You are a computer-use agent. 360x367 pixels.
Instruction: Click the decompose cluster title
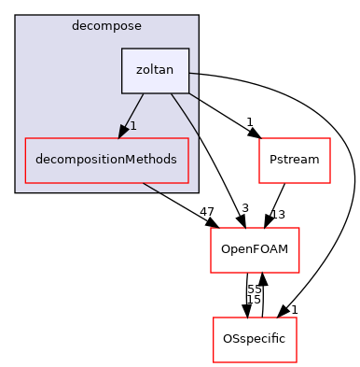[x=106, y=25]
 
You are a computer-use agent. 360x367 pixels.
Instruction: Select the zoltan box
[x=155, y=71]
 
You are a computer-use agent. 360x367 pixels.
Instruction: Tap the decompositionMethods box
[x=106, y=160]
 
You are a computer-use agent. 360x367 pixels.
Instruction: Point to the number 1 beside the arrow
[x=133, y=125]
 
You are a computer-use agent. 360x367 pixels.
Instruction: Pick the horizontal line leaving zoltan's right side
[x=193, y=74]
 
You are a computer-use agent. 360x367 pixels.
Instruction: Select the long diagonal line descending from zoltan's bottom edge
[x=185, y=118]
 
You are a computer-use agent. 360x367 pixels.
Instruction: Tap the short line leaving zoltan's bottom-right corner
[x=193, y=96]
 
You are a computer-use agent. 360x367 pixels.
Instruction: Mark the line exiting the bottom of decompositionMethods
[x=150, y=187]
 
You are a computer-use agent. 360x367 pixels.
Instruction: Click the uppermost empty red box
[x=294, y=161]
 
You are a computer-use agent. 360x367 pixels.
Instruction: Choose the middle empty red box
[x=255, y=250]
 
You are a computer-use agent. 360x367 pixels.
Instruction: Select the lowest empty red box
[x=255, y=340]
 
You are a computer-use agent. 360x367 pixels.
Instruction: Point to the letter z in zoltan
[x=138, y=71]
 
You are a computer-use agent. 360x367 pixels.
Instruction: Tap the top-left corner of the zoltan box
[x=122, y=49]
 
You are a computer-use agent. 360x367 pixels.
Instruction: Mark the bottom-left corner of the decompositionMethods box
[x=25, y=182]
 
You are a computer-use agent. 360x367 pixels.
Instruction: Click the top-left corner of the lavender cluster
[x=16, y=16]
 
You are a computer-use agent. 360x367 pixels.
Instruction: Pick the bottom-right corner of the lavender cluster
[x=198, y=191]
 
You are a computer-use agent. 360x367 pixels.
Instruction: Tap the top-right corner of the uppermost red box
[x=330, y=138]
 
